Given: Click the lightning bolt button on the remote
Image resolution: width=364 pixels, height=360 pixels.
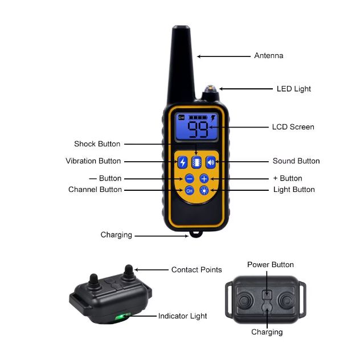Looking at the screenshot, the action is pyautogui.click(x=182, y=162).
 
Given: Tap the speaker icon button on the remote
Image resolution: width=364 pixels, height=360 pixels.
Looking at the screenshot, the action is pyautogui.click(x=211, y=162).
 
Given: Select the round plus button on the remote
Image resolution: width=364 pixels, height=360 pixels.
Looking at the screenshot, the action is pyautogui.click(x=205, y=179).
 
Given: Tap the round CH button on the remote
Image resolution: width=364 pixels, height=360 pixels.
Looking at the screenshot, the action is pyautogui.click(x=190, y=191).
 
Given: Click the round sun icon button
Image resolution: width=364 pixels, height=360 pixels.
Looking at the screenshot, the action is pyautogui.click(x=205, y=191).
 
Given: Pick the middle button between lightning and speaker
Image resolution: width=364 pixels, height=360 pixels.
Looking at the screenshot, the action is pyautogui.click(x=197, y=162).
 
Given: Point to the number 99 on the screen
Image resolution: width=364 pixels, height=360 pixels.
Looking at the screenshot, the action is pyautogui.click(x=198, y=129).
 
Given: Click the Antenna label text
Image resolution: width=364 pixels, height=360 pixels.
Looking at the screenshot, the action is pyautogui.click(x=269, y=56).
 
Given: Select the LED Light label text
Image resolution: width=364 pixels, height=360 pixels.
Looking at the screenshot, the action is pyautogui.click(x=294, y=89).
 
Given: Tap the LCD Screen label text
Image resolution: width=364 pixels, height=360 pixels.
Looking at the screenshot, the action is pyautogui.click(x=293, y=127).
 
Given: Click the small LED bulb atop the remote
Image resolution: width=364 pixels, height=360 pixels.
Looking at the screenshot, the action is pyautogui.click(x=210, y=89).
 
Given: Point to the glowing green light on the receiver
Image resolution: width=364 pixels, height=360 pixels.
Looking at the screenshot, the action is pyautogui.click(x=121, y=317).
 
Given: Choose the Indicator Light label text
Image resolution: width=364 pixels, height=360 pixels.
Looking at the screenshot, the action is pyautogui.click(x=182, y=316).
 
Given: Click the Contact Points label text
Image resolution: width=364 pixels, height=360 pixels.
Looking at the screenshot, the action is pyautogui.click(x=197, y=269).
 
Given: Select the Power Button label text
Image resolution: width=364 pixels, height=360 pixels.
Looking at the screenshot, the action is pyautogui.click(x=271, y=265).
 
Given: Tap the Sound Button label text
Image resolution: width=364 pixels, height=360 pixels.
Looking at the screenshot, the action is pyautogui.click(x=296, y=161).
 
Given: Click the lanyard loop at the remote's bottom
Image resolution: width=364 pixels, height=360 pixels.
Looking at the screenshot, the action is pyautogui.click(x=196, y=234).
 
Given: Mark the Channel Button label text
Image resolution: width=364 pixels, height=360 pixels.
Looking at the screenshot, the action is pyautogui.click(x=95, y=190).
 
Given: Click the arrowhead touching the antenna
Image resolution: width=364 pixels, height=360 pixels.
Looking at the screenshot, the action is pyautogui.click(x=199, y=56).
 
